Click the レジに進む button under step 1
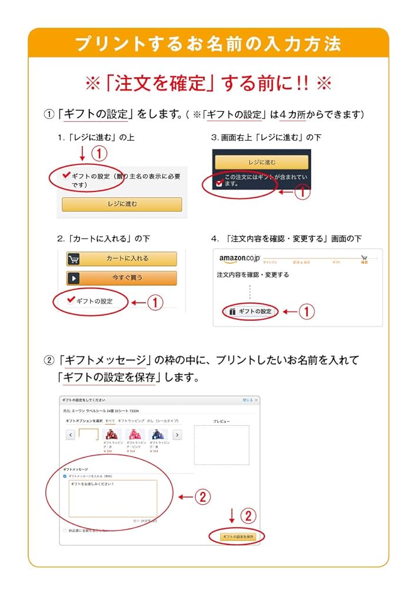click(x=122, y=204)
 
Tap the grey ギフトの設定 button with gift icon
click(x=250, y=311)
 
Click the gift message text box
click(x=112, y=498)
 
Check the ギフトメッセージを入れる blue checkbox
click(x=65, y=475)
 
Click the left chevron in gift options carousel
click(x=71, y=435)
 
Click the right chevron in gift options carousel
click(x=177, y=435)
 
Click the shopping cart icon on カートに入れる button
click(x=74, y=259)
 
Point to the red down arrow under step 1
click(x=82, y=154)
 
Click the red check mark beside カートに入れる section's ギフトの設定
click(x=71, y=299)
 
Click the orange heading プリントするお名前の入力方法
click(x=208, y=44)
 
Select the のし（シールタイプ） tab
click(x=164, y=421)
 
